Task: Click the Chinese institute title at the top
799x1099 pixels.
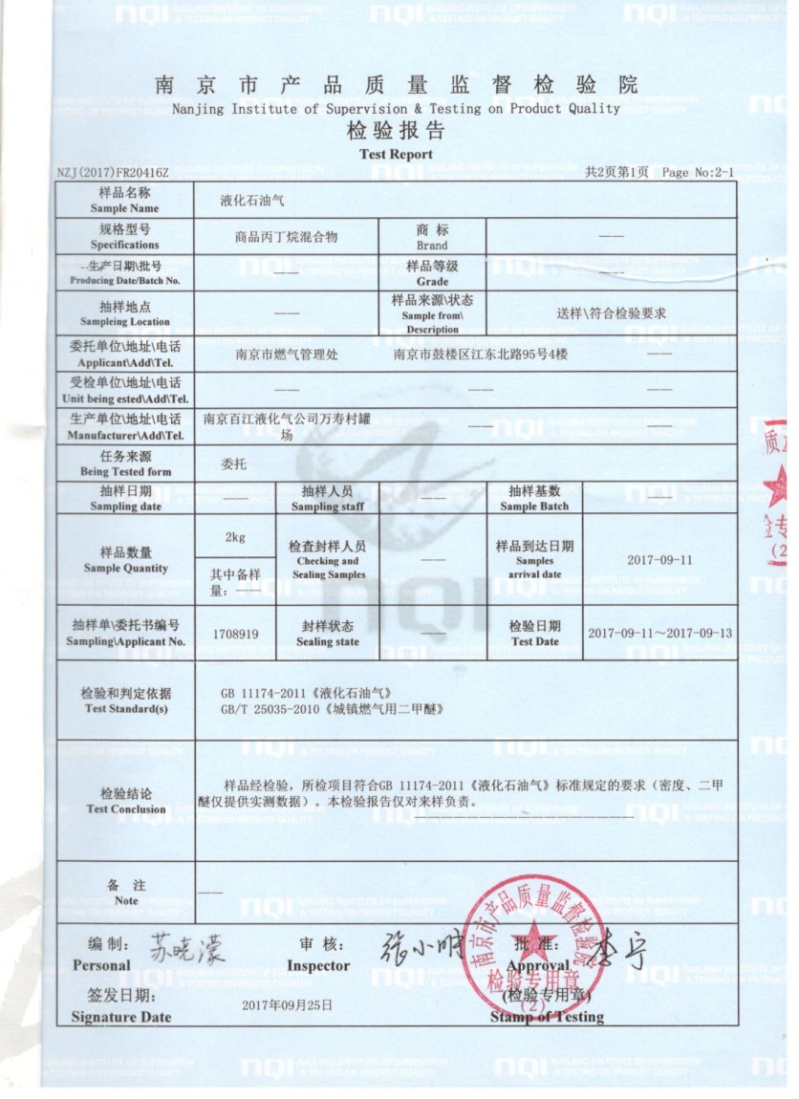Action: pos(396,85)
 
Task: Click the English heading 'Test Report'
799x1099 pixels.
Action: pos(396,154)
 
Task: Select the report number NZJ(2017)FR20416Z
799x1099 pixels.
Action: pos(113,173)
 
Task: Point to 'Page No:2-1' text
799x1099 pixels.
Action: pos(698,173)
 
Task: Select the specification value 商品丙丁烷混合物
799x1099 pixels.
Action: pos(286,238)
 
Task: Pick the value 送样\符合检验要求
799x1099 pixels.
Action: pos(611,312)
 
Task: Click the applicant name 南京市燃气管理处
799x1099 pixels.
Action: pos(286,354)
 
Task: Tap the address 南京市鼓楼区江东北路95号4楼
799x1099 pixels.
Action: pos(480,354)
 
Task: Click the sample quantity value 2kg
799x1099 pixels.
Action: pos(235,537)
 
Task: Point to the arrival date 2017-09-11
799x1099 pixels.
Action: pos(659,560)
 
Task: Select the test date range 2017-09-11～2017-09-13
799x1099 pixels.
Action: pos(659,634)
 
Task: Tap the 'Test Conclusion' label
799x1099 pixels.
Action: pos(125,802)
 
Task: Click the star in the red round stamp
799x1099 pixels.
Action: pos(531,941)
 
